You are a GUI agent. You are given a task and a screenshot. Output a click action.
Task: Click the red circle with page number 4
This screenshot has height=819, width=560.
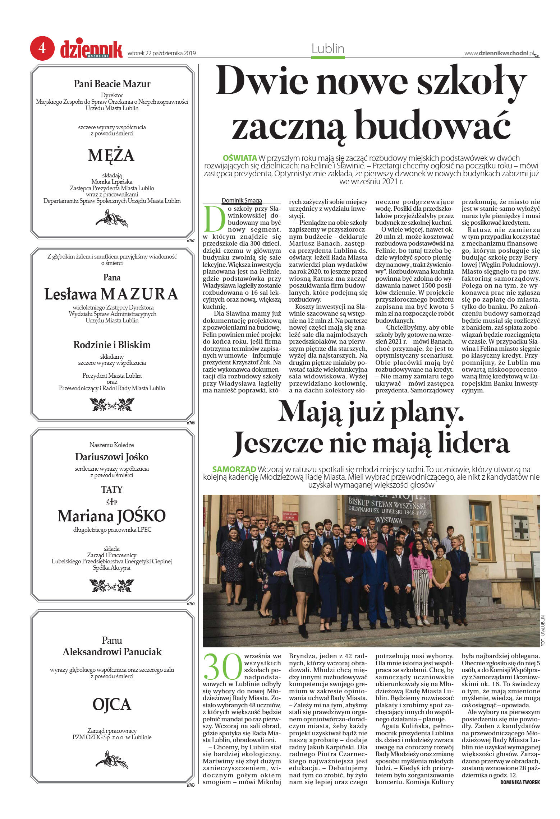[42, 48]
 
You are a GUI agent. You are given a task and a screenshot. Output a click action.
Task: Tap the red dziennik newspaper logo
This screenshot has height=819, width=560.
[91, 50]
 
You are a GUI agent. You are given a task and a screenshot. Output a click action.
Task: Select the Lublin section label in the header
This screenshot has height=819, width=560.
[328, 49]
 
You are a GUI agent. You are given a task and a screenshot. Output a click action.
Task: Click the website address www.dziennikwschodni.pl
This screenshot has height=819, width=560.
[499, 53]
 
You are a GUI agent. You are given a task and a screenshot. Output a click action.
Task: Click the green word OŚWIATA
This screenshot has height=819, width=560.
[240, 158]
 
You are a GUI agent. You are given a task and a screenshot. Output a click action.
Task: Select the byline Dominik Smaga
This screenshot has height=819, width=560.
[242, 200]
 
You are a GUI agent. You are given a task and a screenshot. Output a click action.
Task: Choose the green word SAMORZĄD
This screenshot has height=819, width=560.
[234, 469]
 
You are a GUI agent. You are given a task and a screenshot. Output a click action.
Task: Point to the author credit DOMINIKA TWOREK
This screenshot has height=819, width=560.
[520, 782]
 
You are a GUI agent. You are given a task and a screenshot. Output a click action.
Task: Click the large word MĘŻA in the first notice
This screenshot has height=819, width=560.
[111, 155]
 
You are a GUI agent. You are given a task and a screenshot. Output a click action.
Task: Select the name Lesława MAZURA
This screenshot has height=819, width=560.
[111, 294]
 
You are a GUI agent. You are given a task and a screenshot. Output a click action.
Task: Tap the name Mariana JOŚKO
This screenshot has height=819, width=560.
[111, 516]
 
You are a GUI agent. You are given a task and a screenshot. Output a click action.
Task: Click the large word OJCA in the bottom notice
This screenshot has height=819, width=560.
[112, 704]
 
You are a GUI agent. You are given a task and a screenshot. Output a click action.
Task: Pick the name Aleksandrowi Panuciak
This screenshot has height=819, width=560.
[112, 652]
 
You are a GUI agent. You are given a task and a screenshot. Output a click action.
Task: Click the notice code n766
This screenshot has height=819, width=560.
[191, 423]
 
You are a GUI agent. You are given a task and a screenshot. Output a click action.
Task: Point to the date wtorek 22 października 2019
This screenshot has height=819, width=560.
[162, 53]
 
